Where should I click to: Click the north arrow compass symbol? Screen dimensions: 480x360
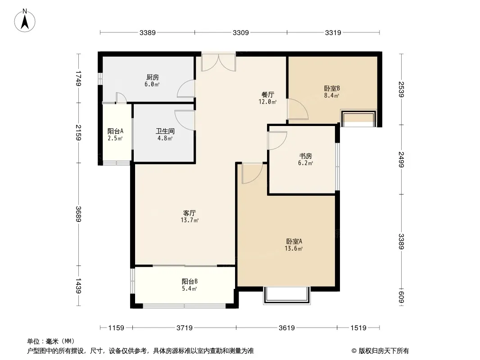pyautogui.click(x=25, y=21)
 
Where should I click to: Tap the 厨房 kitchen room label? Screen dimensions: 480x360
pyautogui.click(x=153, y=77)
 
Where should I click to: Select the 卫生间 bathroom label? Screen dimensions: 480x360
pyautogui.click(x=165, y=131)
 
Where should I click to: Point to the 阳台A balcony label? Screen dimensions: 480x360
pyautogui.click(x=115, y=131)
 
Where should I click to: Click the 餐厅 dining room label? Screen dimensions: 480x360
pyautogui.click(x=267, y=95)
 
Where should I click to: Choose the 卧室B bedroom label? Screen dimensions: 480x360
pyautogui.click(x=332, y=88)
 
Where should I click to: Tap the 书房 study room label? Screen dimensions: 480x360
pyautogui.click(x=305, y=156)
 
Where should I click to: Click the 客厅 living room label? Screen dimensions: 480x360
pyautogui.click(x=190, y=213)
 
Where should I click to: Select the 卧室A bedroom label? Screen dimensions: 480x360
pyautogui.click(x=294, y=241)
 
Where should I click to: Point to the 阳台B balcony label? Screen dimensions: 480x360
pyautogui.click(x=190, y=281)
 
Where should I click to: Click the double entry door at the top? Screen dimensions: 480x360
pyautogui.click(x=218, y=63)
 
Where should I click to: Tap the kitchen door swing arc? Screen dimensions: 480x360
pyautogui.click(x=186, y=89)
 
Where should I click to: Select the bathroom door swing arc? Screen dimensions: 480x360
pyautogui.click(x=185, y=120)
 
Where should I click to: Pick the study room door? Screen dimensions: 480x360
pyautogui.click(x=277, y=141)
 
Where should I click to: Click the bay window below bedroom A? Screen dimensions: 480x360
pyautogui.click(x=287, y=295)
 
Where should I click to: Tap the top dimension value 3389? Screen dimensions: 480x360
pyautogui.click(x=148, y=32)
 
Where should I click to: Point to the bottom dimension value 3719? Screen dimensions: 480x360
pyautogui.click(x=185, y=328)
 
